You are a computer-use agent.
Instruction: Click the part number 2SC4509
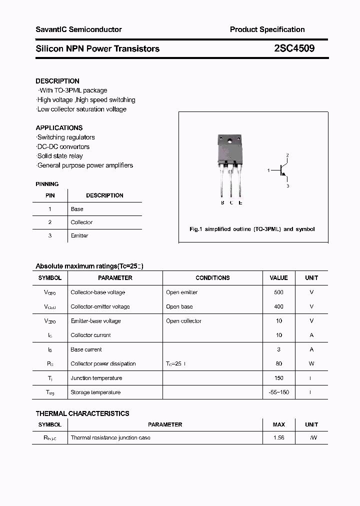point(294,48)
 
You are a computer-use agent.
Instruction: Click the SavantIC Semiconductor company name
point(78,29)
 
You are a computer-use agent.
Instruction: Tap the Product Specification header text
point(267,29)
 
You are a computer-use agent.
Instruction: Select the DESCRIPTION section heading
point(57,81)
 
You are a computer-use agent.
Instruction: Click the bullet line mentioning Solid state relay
point(59,156)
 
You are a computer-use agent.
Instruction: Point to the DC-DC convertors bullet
point(63,146)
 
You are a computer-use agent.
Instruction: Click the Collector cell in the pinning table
point(81,222)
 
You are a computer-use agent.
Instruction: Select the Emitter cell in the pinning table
point(79,235)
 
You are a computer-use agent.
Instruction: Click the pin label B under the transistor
point(222,202)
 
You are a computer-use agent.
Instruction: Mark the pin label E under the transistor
point(240,202)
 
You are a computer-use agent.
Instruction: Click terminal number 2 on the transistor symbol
point(287,155)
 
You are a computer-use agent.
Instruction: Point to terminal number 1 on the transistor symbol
point(268,170)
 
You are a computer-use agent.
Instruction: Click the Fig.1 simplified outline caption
point(252,229)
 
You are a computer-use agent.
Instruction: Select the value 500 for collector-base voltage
point(278,292)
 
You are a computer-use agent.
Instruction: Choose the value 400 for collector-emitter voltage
point(278,306)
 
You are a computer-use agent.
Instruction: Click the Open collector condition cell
point(183,321)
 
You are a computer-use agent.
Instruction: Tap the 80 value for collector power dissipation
point(278,363)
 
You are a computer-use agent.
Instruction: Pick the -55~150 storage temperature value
point(278,392)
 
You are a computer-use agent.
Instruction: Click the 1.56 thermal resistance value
point(278,437)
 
